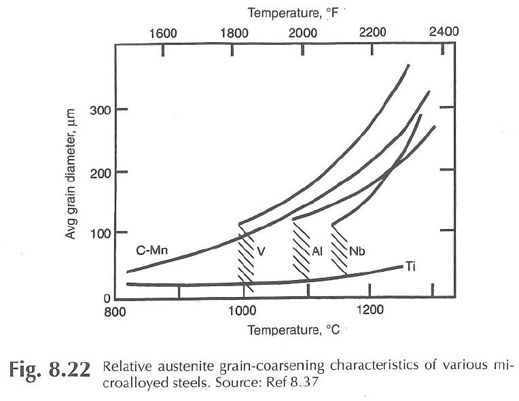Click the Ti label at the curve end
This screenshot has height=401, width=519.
[412, 266]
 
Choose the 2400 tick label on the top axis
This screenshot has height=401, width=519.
[444, 32]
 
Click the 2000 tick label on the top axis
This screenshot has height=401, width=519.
[302, 33]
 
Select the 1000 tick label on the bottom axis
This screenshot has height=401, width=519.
[243, 313]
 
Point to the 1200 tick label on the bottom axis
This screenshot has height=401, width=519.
[370, 313]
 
